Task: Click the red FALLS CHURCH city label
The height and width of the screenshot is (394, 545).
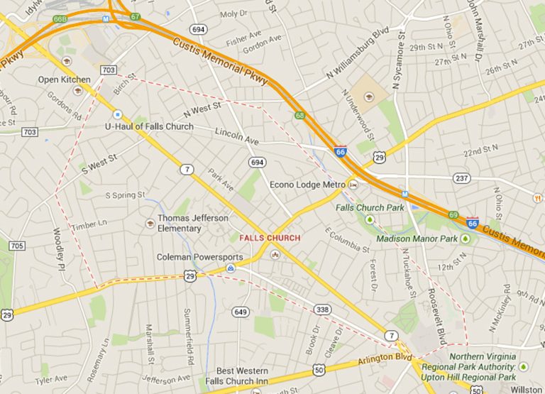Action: click(x=270, y=238)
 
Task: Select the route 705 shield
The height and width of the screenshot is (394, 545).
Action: click(x=16, y=246)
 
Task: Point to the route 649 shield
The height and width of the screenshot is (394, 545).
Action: click(x=241, y=312)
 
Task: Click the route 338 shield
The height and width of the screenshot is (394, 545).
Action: click(x=323, y=309)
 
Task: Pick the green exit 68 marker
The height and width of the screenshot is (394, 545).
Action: click(x=300, y=115)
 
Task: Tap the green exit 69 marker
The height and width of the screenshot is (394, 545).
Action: click(x=453, y=214)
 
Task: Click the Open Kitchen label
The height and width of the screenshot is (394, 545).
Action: click(x=64, y=80)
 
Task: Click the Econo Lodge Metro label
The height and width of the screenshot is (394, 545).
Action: click(x=307, y=185)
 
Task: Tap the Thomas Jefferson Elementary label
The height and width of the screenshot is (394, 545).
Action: click(x=193, y=223)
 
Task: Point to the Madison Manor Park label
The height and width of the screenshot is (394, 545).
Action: click(x=417, y=239)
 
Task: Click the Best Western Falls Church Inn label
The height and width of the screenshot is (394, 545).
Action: click(x=232, y=376)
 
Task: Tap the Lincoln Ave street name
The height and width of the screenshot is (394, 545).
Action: click(x=236, y=138)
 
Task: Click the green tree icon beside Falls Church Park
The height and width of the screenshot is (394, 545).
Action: click(x=368, y=219)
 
